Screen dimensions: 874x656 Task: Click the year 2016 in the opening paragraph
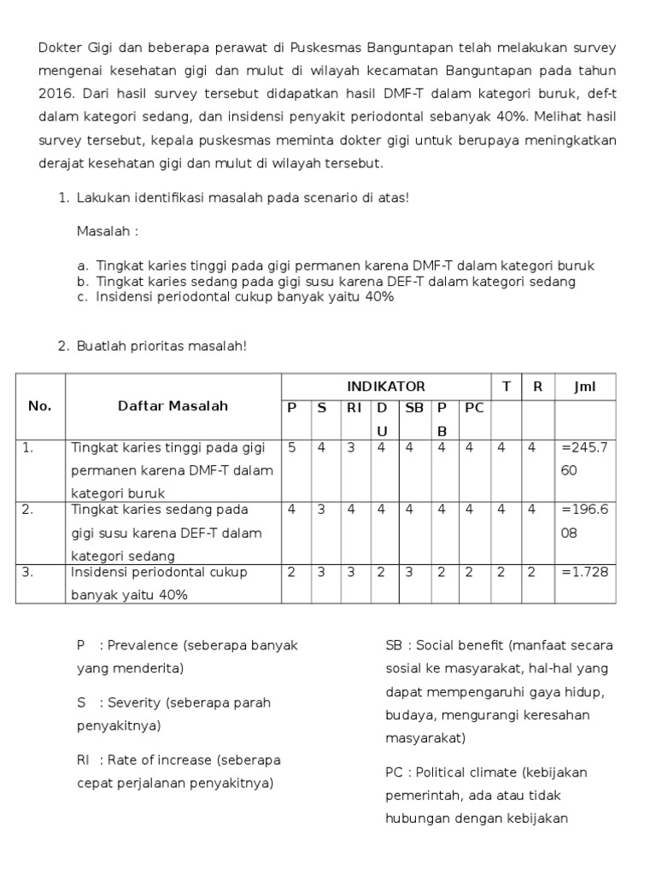pos(55,93)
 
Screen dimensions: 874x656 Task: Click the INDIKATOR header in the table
pos(385,387)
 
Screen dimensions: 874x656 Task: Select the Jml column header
pos(585,387)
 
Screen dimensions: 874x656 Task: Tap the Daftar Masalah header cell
pos(173,406)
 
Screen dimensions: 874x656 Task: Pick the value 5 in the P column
pos(292,446)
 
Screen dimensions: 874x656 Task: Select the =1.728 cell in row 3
pos(585,572)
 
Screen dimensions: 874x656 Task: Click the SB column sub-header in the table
pos(414,408)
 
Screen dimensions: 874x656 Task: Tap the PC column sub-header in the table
pos(474,408)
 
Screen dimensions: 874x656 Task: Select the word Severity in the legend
pos(134,702)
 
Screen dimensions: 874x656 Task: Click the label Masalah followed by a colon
pos(106,231)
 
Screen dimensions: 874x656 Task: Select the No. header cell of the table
pos(40,406)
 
